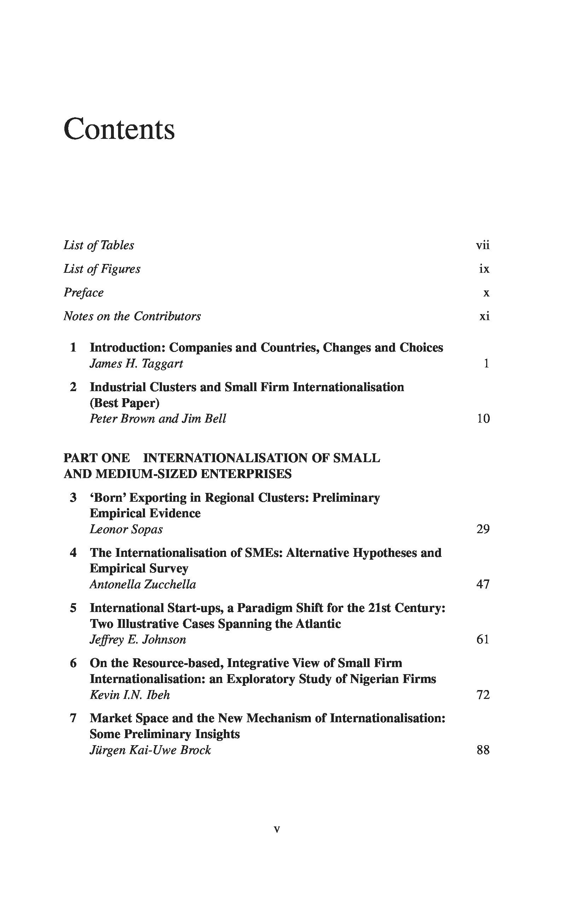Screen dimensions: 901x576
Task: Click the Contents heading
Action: pos(119,129)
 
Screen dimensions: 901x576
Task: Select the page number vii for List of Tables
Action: pos(482,246)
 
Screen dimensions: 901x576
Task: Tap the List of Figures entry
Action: pos(102,269)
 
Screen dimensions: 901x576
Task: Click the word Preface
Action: pos(83,293)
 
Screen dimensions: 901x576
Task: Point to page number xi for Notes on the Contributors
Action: pos(484,317)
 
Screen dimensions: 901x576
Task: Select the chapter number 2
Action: pos(74,387)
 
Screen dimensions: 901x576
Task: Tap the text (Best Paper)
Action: pos(125,403)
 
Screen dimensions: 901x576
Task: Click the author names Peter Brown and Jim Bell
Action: pos(158,419)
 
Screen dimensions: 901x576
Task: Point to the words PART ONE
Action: pos(97,458)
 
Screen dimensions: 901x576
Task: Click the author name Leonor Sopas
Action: pos(126,529)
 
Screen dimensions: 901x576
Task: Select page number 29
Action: pos(483,529)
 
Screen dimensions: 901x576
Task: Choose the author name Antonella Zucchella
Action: pos(143,584)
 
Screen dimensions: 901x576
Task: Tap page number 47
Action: pos(483,584)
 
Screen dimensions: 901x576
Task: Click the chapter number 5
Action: pos(74,608)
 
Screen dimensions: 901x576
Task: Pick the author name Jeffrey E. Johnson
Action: pos(138,640)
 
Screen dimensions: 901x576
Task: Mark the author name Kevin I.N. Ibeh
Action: pos(129,695)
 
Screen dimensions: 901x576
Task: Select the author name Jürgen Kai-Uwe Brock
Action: pos(150,750)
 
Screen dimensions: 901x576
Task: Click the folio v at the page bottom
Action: pos(277,830)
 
